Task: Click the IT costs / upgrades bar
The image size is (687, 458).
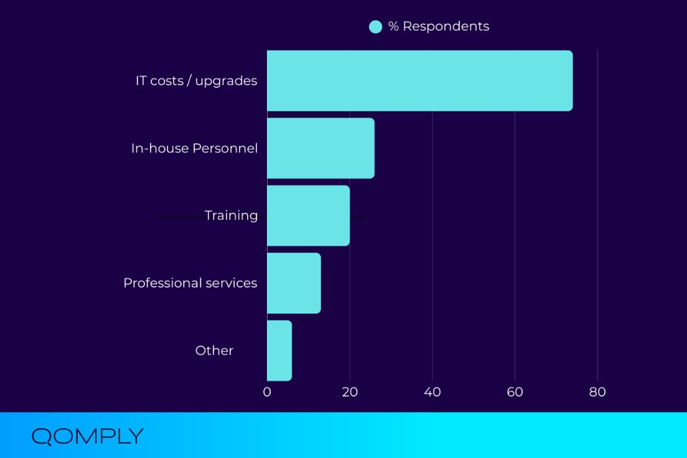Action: coord(419,81)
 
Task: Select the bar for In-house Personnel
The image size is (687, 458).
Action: coord(320,148)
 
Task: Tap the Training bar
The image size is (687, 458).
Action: coord(308,215)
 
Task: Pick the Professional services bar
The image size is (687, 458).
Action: coord(294,283)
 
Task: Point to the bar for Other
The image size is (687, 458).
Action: coord(279,350)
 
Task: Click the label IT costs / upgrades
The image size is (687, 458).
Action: coord(196,81)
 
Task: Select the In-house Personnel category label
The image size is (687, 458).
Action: coord(194,148)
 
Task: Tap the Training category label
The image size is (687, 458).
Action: coord(231,215)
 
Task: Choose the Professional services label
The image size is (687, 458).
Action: coord(190,283)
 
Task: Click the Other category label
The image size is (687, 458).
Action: coord(214,350)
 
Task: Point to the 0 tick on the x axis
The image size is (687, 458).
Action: coord(267,392)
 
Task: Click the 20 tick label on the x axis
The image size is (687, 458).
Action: coord(350,392)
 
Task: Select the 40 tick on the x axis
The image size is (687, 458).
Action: coord(432,392)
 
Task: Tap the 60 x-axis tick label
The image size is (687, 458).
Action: coord(515,392)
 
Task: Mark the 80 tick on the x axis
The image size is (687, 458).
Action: coord(597,392)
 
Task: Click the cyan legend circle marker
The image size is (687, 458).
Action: coord(375,27)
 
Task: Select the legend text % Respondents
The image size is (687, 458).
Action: coord(439,26)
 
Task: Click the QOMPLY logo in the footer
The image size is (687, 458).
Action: coord(87,436)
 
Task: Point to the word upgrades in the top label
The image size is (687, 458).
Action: coord(226,82)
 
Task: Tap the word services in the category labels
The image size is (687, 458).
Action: coord(232,283)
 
